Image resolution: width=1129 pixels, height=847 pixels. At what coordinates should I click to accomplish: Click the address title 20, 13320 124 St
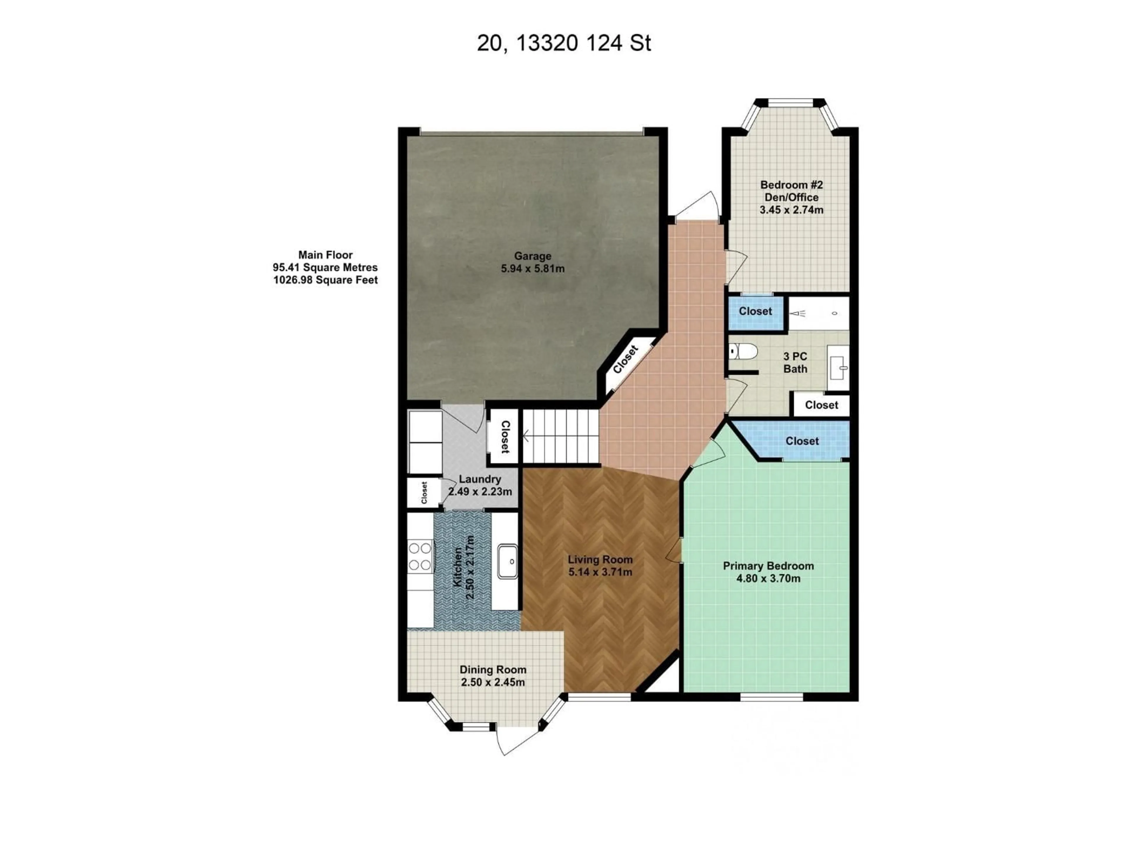[564, 44]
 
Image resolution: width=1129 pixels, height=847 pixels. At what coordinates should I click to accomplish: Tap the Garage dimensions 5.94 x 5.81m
[532, 269]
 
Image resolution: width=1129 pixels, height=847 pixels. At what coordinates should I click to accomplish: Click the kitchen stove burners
[420, 556]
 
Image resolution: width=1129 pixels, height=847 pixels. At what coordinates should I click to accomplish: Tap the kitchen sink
[508, 562]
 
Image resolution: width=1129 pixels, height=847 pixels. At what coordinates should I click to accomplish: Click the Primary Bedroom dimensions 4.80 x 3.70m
[768, 578]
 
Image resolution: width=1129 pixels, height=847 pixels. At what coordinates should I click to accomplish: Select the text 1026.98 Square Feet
[326, 280]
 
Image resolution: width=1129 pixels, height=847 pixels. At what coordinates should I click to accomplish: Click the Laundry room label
[480, 479]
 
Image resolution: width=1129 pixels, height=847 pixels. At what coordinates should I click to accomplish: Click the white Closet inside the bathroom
[821, 405]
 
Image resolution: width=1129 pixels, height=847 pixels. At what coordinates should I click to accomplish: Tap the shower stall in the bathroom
[818, 313]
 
